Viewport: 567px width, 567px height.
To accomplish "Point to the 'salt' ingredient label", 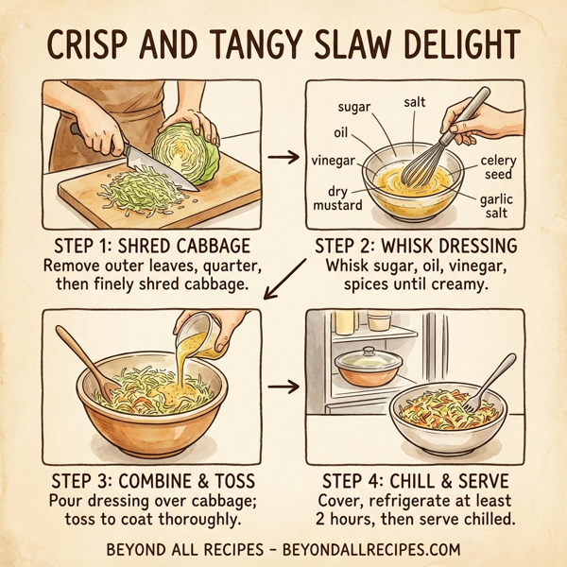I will pyautogui.click(x=414, y=101).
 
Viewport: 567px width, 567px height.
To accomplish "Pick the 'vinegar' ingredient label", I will pyautogui.click(x=333, y=161).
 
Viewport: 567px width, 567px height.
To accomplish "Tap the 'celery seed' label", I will pyautogui.click(x=497, y=167).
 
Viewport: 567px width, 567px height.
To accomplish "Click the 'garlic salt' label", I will pyautogui.click(x=496, y=206).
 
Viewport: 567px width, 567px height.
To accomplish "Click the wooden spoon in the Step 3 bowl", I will pyautogui.click(x=80, y=354).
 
